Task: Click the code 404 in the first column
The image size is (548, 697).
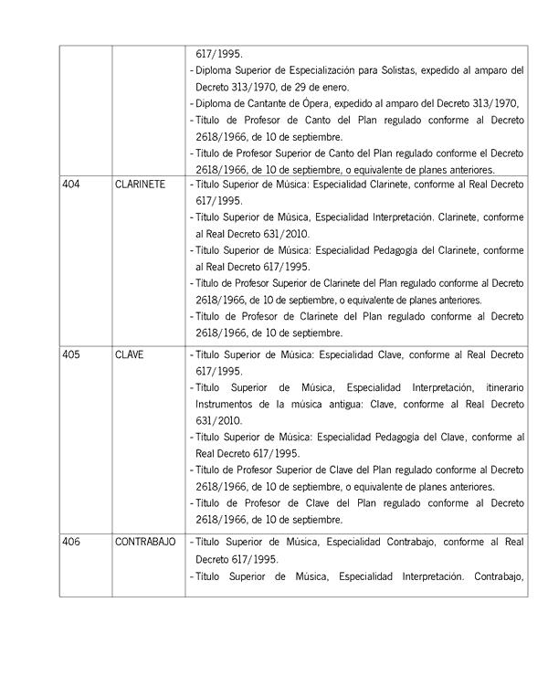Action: point(70,185)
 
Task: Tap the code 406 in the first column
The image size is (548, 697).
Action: point(70,542)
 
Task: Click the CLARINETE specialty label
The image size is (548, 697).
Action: point(140,185)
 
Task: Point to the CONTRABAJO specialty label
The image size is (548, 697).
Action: point(144,542)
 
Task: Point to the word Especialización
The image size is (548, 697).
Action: point(344,70)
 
